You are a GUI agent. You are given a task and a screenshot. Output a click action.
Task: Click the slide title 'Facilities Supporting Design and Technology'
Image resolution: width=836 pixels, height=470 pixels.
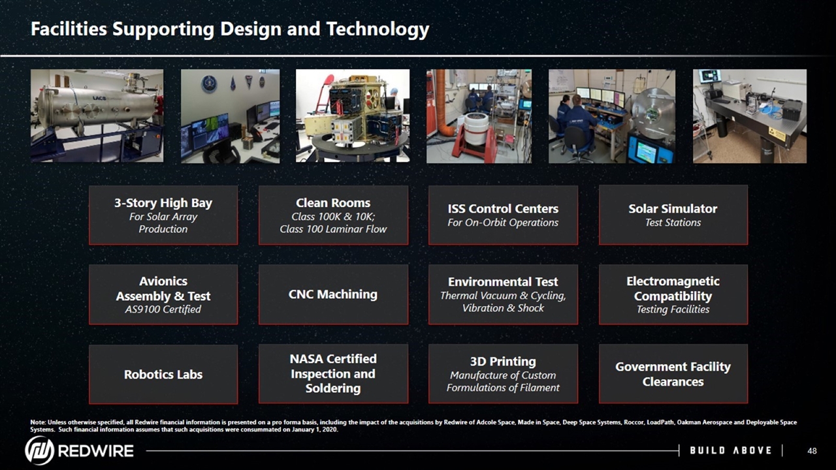[x=230, y=29]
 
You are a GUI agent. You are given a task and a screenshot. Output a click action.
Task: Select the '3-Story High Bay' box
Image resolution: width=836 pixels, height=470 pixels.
[x=163, y=215]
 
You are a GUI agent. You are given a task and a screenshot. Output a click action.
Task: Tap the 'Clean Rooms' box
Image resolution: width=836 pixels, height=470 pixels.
[x=333, y=215]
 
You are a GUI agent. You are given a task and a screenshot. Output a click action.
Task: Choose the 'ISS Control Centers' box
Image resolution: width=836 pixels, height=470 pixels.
[x=503, y=215]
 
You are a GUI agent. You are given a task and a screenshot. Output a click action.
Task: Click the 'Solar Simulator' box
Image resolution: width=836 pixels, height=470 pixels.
[x=673, y=215]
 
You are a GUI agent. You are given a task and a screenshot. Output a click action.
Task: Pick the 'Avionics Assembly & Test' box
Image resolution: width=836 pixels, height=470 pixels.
[x=163, y=294]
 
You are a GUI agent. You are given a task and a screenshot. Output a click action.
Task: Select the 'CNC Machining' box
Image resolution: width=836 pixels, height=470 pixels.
[x=333, y=294]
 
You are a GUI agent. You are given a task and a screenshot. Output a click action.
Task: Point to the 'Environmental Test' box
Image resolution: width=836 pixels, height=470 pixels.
[x=503, y=294]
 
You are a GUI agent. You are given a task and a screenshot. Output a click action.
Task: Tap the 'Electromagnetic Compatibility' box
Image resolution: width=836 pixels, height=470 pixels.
[x=673, y=294]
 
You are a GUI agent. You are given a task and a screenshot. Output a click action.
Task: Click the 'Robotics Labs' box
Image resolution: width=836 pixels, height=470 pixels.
[x=163, y=374]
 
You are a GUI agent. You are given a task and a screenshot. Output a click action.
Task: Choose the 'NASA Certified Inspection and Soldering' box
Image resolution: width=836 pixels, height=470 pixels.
[x=333, y=374]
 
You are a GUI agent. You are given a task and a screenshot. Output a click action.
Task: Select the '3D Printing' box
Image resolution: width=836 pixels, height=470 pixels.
[x=503, y=374]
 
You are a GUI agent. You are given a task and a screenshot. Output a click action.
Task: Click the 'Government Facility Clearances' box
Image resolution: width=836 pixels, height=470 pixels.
[x=673, y=374]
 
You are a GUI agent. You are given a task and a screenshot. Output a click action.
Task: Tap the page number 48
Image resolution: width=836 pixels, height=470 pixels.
[x=812, y=451]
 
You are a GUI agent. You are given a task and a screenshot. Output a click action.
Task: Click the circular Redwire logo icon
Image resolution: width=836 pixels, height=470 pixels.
[x=40, y=450]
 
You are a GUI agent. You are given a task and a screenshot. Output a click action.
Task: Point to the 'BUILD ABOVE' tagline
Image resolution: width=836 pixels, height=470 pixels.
[x=731, y=450]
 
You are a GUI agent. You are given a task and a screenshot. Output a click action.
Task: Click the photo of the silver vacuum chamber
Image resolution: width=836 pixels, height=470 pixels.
[x=97, y=116]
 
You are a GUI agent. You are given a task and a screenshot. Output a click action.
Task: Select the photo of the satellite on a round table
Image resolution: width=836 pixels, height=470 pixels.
[x=353, y=116]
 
